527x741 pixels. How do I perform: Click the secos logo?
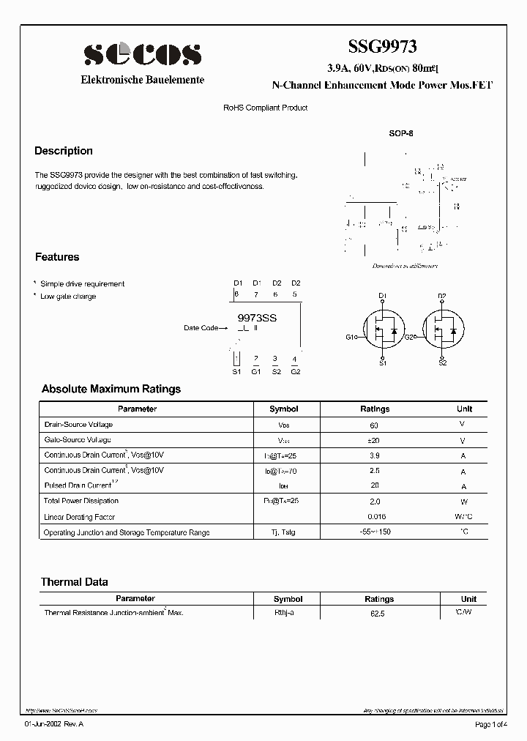[x=142, y=54]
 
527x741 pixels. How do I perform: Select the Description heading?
[x=64, y=151]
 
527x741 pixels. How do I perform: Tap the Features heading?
[x=57, y=257]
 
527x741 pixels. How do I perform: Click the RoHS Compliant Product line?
[x=265, y=108]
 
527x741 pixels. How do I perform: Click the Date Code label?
[x=201, y=328]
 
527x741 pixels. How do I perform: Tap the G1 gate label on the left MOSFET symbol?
[x=351, y=337]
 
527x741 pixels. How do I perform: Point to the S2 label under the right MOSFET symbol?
[x=442, y=362]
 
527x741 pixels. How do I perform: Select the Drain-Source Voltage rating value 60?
[x=375, y=425]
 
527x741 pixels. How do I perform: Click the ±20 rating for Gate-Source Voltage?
[x=375, y=441]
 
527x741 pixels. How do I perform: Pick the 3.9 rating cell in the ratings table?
[x=375, y=455]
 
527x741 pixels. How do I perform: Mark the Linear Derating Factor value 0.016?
[x=375, y=517]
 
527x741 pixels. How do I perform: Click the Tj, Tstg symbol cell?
[x=283, y=532]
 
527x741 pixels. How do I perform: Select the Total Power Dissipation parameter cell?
[x=81, y=501]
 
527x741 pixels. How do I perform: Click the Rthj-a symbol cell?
[x=283, y=612]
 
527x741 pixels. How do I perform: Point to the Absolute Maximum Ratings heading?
[x=111, y=389]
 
